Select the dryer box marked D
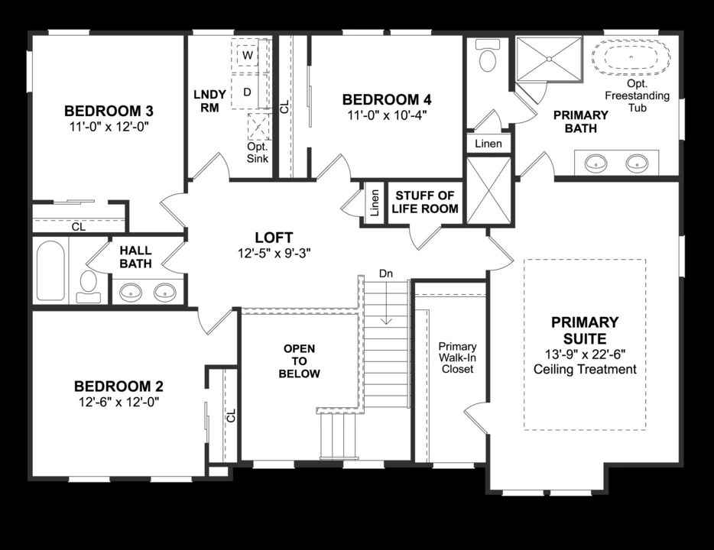pyautogui.click(x=247, y=92)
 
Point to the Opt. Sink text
pyautogui.click(x=257, y=153)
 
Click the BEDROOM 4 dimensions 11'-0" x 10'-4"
pyautogui.click(x=386, y=115)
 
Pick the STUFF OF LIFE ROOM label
pyautogui.click(x=426, y=202)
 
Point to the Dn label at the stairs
pyautogui.click(x=386, y=273)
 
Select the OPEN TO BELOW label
pyautogui.click(x=299, y=361)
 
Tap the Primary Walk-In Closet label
pyautogui.click(x=457, y=357)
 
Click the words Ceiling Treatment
pyautogui.click(x=585, y=370)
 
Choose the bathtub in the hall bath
pyautogui.click(x=50, y=271)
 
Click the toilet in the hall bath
pyautogui.click(x=89, y=283)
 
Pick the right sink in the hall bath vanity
pyautogui.click(x=164, y=291)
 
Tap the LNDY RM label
pyautogui.click(x=209, y=101)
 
